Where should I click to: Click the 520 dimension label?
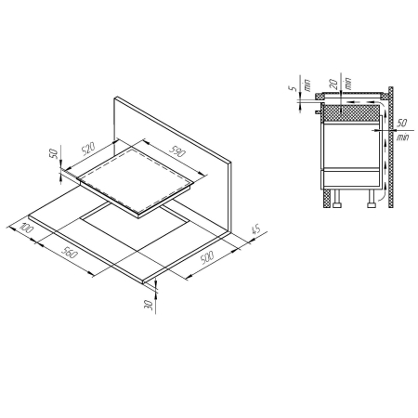pos(88,149)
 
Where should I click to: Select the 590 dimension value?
pos(177,150)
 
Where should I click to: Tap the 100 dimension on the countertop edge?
pos(26,228)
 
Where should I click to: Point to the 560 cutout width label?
pos(70,253)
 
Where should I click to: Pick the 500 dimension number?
pos(207,257)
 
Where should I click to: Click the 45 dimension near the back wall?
pos(256,229)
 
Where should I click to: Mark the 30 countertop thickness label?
pos(149,305)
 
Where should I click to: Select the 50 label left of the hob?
pos(54,153)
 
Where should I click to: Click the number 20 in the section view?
pos(333,84)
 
